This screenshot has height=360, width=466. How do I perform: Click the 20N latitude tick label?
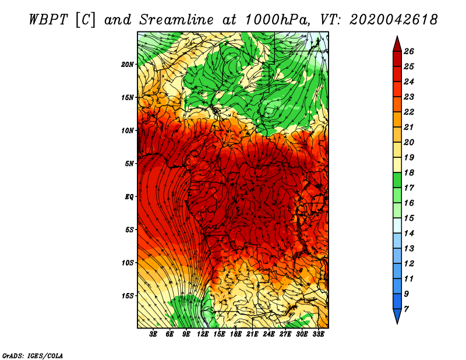pyautogui.click(x=127, y=65)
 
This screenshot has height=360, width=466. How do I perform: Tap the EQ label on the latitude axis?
pyautogui.click(x=129, y=197)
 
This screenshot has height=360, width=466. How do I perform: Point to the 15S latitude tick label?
pyautogui.click(x=127, y=296)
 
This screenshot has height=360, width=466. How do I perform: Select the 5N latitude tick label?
pyautogui.click(x=129, y=164)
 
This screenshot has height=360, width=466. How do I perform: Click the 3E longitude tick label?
pyautogui.click(x=153, y=334)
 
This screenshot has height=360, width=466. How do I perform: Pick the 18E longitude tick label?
pyautogui.click(x=235, y=334)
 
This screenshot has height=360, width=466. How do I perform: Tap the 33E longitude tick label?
pyautogui.click(x=318, y=334)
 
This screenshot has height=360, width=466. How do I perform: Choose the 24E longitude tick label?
pyautogui.click(x=269, y=334)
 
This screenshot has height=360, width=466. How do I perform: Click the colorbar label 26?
pyautogui.click(x=409, y=51)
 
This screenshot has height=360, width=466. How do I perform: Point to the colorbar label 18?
pyautogui.click(x=409, y=172)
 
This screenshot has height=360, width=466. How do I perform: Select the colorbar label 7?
pyautogui.click(x=406, y=309)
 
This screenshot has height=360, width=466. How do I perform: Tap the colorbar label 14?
pyautogui.click(x=409, y=234)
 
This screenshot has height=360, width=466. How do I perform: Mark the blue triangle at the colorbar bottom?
pyautogui.click(x=397, y=315)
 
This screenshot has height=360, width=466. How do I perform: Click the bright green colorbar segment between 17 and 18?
pyautogui.click(x=397, y=180)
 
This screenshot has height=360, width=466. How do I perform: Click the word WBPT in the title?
pyautogui.click(x=49, y=20)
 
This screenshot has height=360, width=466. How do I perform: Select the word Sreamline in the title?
pyautogui.click(x=176, y=20)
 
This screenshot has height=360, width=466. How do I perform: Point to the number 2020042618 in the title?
pyautogui.click(x=393, y=20)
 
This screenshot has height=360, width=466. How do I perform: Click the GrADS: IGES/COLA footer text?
pyautogui.click(x=33, y=355)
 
